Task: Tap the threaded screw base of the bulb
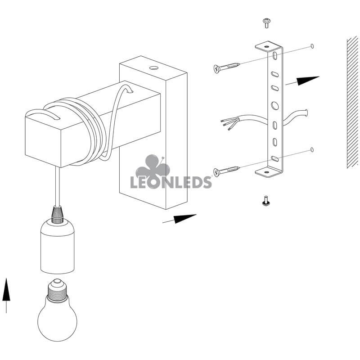pos(57,291)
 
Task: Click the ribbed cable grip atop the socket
pos(57,215)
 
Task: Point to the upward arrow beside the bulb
pos(6,296)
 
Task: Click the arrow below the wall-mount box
pos(180,219)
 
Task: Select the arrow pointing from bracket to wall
pos(302,81)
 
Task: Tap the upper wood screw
pos(227,67)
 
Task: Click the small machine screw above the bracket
pos(266,23)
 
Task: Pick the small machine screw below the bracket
pos(266,200)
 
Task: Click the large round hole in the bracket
pos(274,106)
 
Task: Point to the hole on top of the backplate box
pos(153,68)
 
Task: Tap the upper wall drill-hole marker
pos(312,46)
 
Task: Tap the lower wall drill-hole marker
pos(312,150)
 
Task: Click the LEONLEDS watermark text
pos(171,182)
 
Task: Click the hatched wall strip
pos(353,103)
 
